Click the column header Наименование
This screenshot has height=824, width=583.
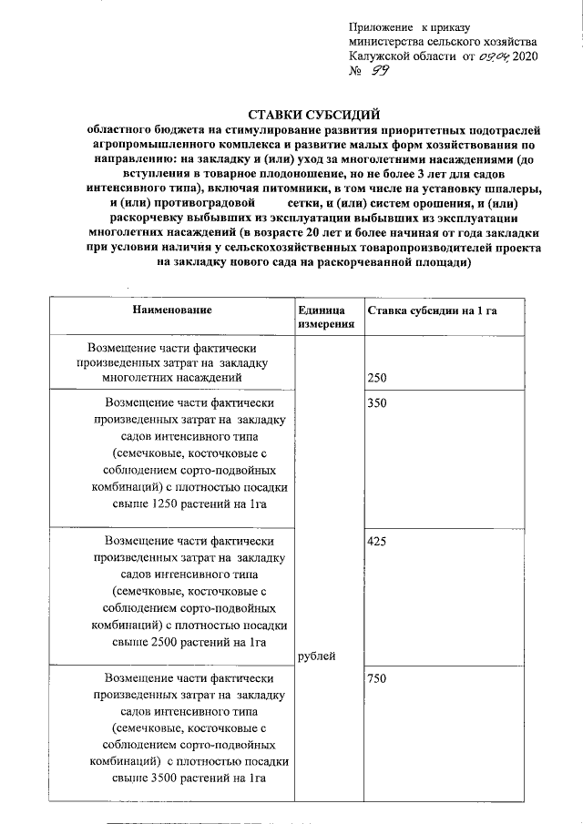coord(172,310)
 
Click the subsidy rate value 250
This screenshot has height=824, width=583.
coord(376,376)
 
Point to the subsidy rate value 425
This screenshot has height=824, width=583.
coord(376,541)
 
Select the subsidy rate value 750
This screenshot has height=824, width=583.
coord(376,679)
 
